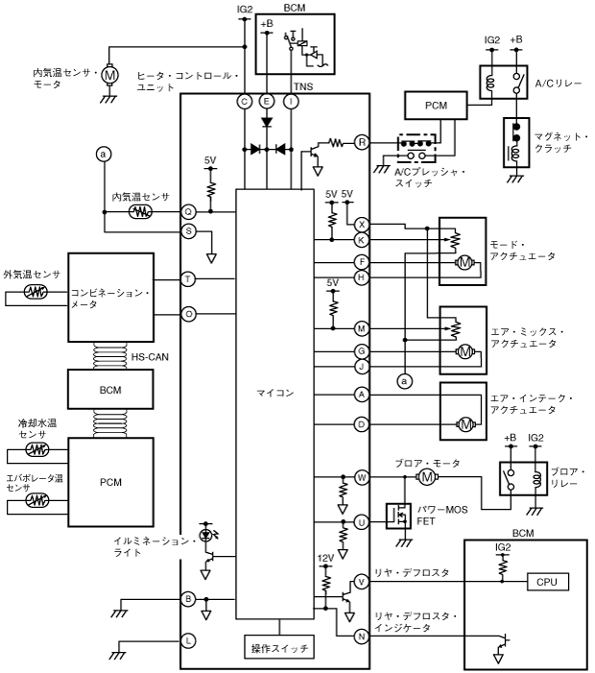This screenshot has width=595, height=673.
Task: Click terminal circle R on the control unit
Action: tap(362, 141)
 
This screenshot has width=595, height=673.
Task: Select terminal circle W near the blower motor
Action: tap(362, 476)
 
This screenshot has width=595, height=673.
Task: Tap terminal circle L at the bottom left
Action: tap(189, 639)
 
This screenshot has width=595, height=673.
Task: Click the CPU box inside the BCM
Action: tap(548, 582)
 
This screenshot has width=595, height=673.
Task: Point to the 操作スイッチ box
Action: tap(279, 649)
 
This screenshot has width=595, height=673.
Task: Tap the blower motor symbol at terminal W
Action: tap(426, 476)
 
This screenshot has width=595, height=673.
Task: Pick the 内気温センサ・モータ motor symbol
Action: tap(109, 74)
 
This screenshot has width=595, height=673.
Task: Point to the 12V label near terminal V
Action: tap(325, 557)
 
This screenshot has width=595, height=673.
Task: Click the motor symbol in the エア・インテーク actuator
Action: tap(465, 423)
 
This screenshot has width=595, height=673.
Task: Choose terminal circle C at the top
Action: tap(246, 101)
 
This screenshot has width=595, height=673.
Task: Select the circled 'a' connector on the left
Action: tap(102, 154)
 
